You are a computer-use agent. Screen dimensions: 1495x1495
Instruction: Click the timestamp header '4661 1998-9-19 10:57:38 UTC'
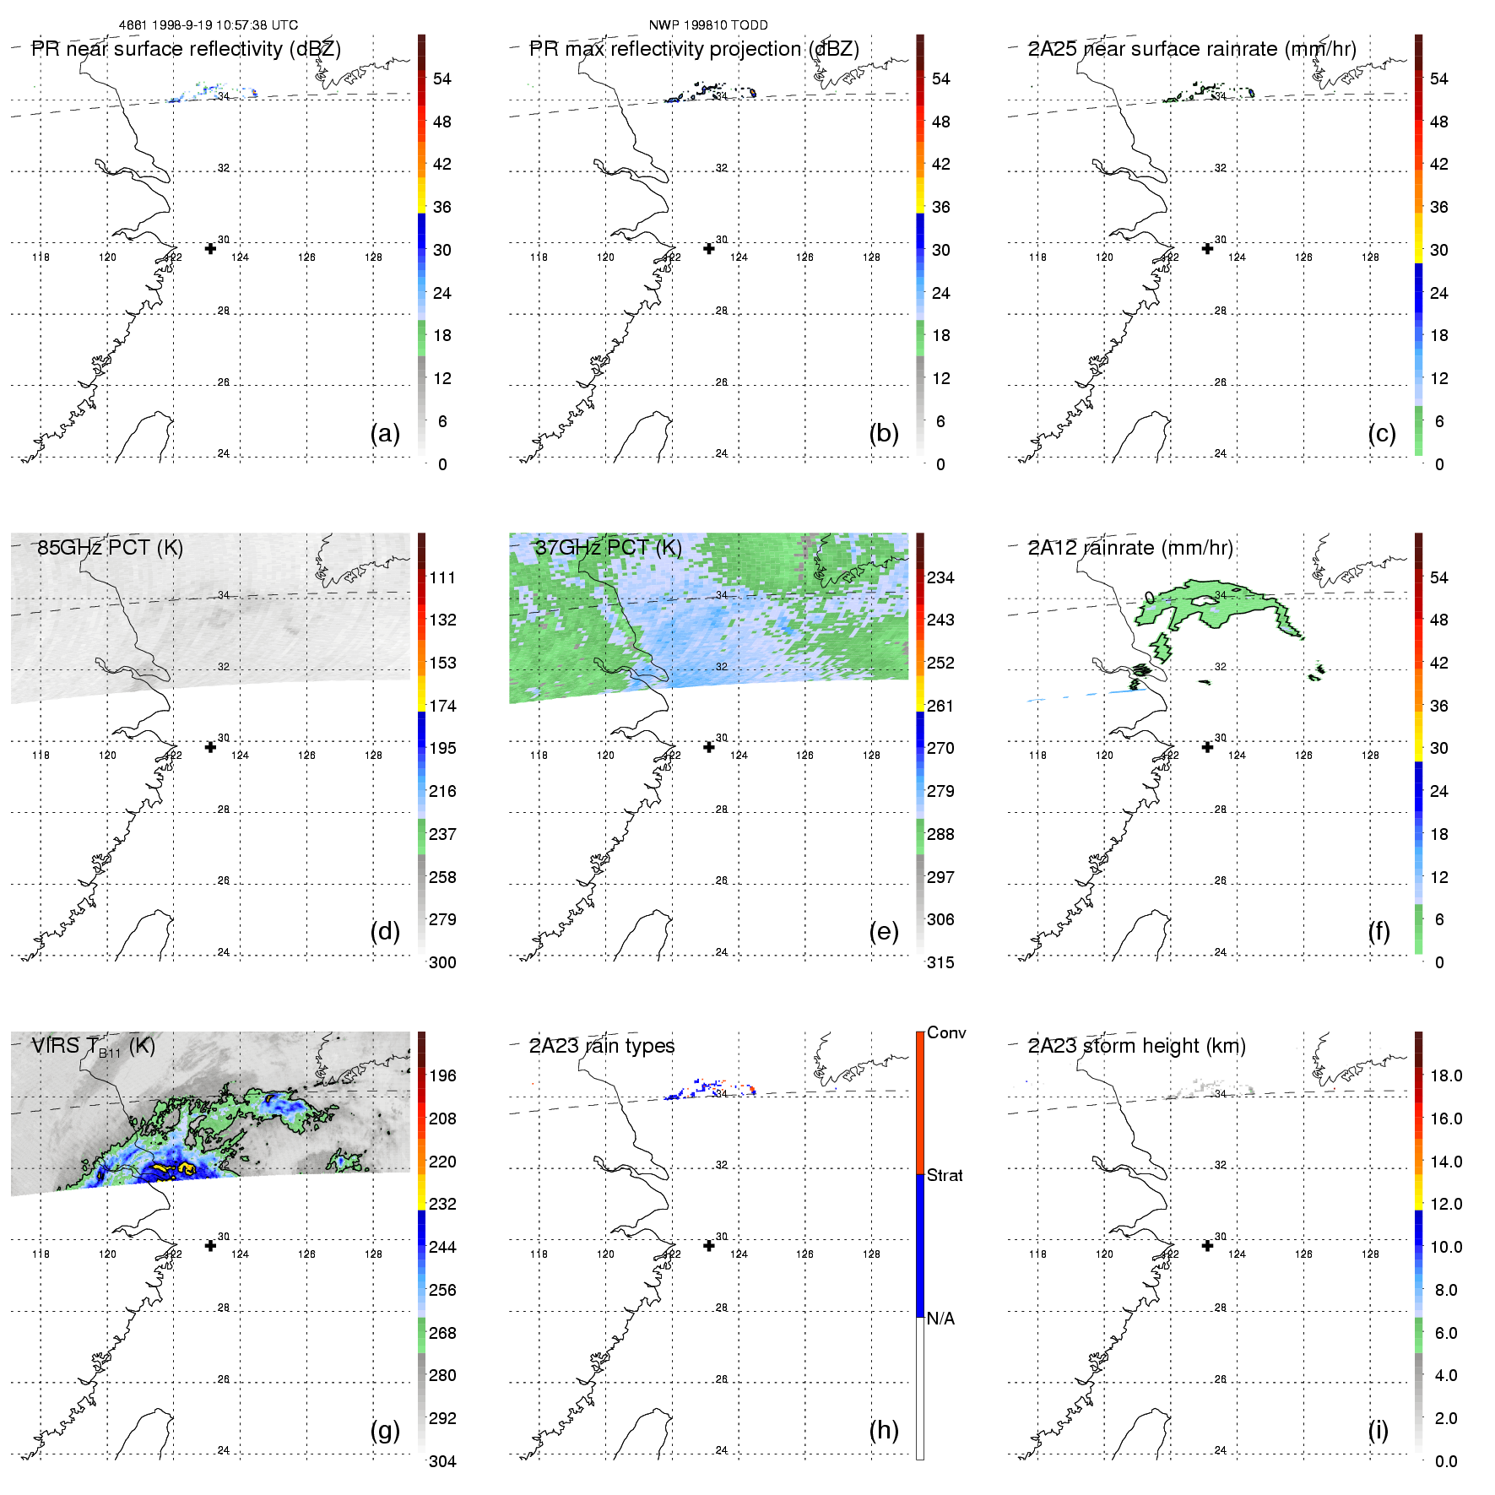pos(208,25)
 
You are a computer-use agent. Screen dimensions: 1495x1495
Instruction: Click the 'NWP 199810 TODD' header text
pos(707,25)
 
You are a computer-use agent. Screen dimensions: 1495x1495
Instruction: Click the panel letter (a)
pos(385,433)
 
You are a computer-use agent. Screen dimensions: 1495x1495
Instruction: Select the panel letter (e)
pos(883,931)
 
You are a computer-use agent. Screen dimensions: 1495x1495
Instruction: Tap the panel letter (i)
pos(1378,1430)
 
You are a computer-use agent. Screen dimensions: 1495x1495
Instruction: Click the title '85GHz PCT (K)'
pos(110,547)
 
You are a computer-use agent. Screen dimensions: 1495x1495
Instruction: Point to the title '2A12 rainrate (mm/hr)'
pos(1129,547)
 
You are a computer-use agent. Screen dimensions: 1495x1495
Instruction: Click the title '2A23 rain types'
pos(601,1046)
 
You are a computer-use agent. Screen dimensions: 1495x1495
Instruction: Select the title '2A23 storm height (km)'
pos(1136,1046)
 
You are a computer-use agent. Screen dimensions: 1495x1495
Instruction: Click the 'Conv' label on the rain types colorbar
pos(946,1032)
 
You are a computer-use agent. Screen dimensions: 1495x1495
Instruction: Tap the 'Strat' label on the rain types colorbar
pos(945,1175)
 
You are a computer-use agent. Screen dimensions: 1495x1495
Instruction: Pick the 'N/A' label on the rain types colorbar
pos(940,1319)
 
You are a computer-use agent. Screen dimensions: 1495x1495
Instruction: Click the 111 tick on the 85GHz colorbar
pos(442,577)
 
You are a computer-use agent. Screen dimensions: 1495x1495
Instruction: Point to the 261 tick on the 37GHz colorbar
pos(940,706)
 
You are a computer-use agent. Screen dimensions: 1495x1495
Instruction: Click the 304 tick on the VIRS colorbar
pos(442,1461)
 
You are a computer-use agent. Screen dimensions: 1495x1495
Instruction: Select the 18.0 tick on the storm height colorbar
pos(1445,1075)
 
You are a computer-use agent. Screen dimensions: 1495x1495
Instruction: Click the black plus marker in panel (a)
pos(210,248)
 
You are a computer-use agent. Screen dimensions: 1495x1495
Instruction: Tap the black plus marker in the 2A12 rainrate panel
pos(1207,747)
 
